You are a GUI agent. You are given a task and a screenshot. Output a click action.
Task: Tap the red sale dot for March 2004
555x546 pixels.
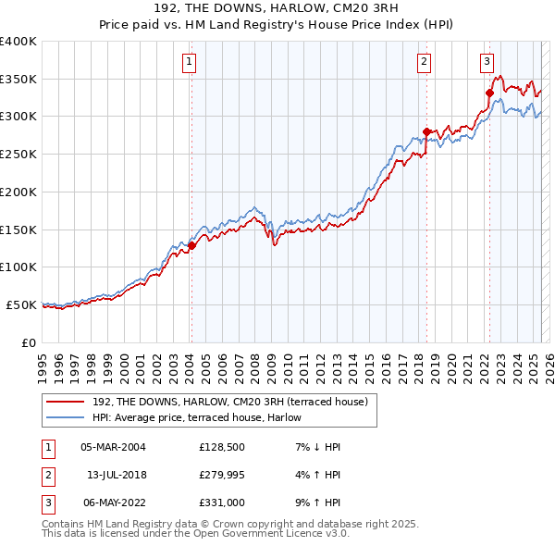point(191,245)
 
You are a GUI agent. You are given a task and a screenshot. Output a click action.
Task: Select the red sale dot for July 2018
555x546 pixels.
point(426,131)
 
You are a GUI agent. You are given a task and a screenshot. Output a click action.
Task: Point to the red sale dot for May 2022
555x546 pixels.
point(489,93)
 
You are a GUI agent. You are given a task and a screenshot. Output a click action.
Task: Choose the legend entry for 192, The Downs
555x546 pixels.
point(230,402)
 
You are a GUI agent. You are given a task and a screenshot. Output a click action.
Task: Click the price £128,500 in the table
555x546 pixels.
point(220,447)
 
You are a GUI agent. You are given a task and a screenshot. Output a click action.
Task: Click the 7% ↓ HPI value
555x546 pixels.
point(316,447)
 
